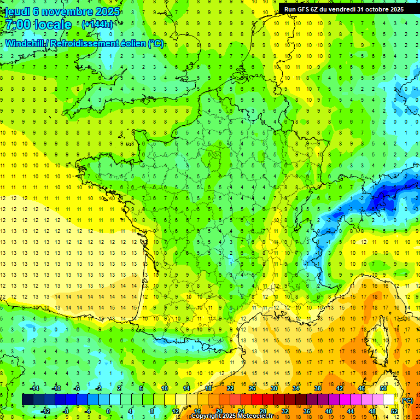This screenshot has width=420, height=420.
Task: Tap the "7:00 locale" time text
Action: point(37,25)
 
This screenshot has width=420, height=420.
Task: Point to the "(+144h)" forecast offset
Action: point(97,24)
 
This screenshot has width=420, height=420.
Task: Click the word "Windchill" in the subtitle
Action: point(25,43)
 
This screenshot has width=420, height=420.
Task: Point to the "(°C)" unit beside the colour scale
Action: point(407,400)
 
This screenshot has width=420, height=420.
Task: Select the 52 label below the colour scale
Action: point(394,411)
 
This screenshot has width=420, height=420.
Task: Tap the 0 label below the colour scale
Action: point(108,411)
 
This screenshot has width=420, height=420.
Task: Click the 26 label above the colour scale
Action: point(252,388)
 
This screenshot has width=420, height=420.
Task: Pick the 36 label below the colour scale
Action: point(306,411)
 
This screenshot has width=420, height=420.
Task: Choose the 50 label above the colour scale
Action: point(383,388)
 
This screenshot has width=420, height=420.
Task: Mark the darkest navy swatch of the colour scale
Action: point(27,400)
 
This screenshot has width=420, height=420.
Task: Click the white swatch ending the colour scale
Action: point(388,400)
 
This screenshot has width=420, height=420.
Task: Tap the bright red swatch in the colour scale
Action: point(257,400)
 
